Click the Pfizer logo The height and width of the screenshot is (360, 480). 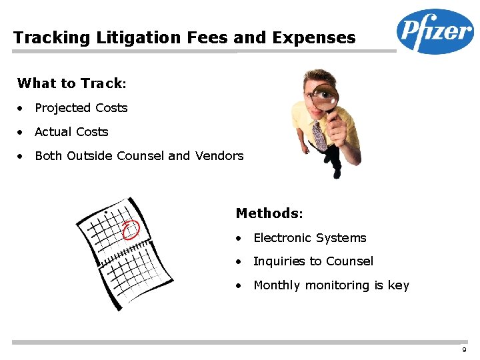[435, 31]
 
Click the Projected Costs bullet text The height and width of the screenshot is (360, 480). [81, 108]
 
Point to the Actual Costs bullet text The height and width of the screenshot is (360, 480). [71, 132]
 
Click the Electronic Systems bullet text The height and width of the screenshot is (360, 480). [310, 238]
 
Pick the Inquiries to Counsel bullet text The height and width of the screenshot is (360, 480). [313, 261]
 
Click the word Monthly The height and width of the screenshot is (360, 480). [277, 285]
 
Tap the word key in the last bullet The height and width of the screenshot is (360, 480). [399, 285]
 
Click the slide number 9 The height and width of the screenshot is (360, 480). [464, 351]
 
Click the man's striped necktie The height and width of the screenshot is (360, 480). [319, 136]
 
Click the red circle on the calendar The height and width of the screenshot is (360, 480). [131, 229]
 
